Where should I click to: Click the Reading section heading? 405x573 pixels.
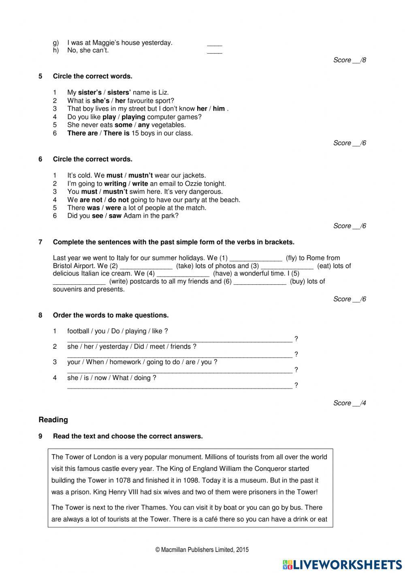[53, 420]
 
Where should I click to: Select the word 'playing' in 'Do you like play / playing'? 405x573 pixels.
[133, 117]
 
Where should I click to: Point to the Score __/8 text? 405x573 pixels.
[350, 60]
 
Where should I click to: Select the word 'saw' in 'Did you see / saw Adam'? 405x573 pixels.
[115, 216]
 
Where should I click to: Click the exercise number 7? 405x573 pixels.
[40, 242]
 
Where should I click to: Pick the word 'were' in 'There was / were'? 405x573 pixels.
[113, 208]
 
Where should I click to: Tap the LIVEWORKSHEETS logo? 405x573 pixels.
[342, 564]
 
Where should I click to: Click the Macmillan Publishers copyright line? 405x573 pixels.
[202, 550]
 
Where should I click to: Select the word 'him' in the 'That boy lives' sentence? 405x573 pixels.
[219, 109]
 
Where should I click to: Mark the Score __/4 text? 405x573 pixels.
[350, 403]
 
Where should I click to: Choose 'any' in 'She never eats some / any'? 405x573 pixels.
[144, 125]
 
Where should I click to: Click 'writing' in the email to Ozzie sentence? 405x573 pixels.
[115, 183]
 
